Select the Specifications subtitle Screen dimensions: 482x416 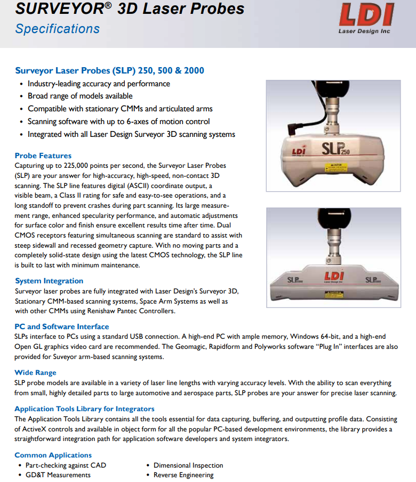pyautogui.click(x=57, y=29)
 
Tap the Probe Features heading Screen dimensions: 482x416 pyautogui.click(x=43, y=156)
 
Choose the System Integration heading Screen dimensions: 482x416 pyautogui.click(x=49, y=281)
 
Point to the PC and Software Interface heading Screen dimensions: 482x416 pyautogui.click(x=62, y=326)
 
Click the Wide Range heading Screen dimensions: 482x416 pyautogui.click(x=35, y=372)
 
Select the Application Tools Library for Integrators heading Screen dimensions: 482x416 pyautogui.click(x=84, y=409)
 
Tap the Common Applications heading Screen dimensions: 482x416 pyautogui.click(x=53, y=455)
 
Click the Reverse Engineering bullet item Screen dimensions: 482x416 pyautogui.click(x=183, y=475)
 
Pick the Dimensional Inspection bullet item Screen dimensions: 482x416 pyautogui.click(x=188, y=465)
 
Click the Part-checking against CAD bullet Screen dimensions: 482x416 pyautogui.click(x=66, y=465)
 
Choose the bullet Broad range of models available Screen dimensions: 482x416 pyautogui.click(x=80, y=96)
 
